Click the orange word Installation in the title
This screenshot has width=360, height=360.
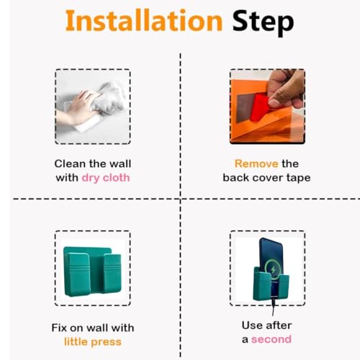tap(144, 21)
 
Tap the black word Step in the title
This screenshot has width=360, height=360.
tap(263, 23)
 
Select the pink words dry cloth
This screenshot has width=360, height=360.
tap(106, 179)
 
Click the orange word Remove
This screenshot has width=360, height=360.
tap(256, 163)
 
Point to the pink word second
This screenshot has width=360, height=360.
tap(271, 339)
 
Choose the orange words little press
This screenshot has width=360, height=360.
tap(93, 342)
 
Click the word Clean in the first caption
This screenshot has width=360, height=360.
tap(70, 163)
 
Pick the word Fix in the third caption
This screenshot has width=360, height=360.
tap(59, 328)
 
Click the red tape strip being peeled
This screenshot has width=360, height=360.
tap(260, 107)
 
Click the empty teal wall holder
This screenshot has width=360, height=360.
tap(92, 271)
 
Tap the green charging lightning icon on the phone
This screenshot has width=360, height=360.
tap(273, 270)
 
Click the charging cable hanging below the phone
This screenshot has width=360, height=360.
tap(274, 306)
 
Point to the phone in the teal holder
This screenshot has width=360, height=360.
tap(271, 264)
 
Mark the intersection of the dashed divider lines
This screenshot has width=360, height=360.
tap(181, 199)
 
